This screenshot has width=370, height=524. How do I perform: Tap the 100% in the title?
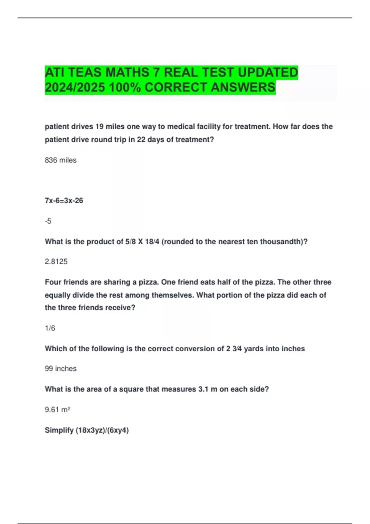[x=125, y=88]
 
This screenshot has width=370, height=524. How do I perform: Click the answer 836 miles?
[x=61, y=160]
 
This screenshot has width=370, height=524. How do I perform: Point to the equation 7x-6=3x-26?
[x=64, y=201]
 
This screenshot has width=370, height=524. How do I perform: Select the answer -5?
[x=48, y=221]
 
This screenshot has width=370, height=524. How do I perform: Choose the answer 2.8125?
[x=56, y=262]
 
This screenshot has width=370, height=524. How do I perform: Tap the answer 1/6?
[x=50, y=328]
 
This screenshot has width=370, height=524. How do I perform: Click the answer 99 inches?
[x=61, y=369]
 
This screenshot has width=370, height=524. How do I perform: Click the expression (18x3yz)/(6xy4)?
[x=102, y=430]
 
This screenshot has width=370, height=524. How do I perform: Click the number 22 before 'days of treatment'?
[x=141, y=140]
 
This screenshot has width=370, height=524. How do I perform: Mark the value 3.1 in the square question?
[x=203, y=389]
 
